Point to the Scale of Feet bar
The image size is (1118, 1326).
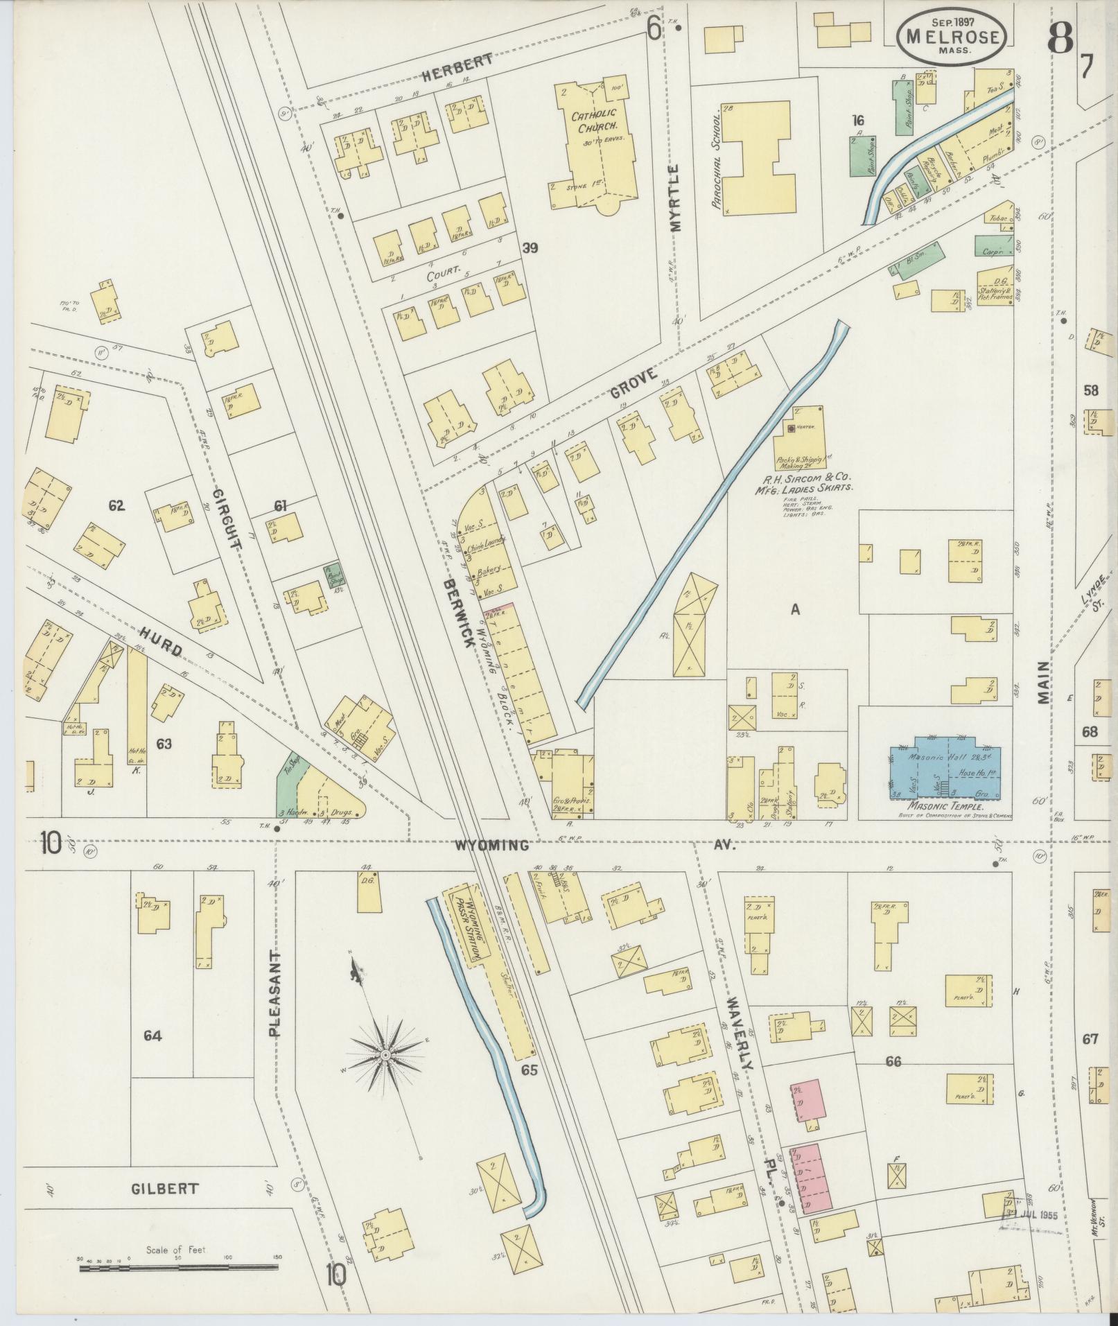(x=179, y=1268)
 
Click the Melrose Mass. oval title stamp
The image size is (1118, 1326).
(x=952, y=35)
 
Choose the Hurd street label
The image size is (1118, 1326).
(x=160, y=641)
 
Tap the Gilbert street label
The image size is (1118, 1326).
(x=164, y=1188)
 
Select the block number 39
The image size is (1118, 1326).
(x=530, y=248)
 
